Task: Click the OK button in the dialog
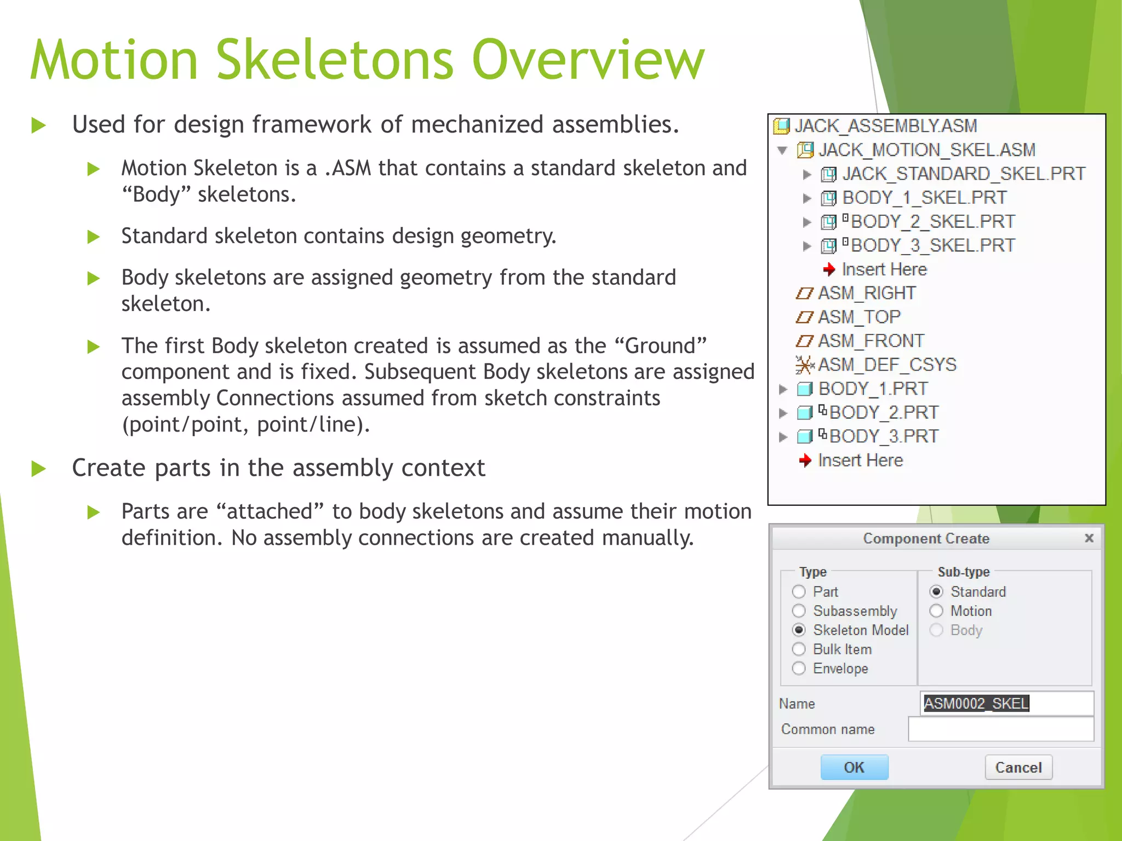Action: click(854, 767)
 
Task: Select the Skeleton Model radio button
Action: click(799, 630)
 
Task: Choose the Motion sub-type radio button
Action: click(936, 611)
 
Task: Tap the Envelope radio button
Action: click(799, 669)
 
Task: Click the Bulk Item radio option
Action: click(799, 649)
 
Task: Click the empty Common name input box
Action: click(1000, 729)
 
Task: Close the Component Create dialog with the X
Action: click(1089, 538)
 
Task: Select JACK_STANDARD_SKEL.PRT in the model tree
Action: click(963, 174)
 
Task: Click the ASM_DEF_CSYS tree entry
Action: click(886, 365)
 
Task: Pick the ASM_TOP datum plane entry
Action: click(858, 317)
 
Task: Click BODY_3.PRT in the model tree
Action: click(883, 436)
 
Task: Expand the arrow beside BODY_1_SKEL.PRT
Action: click(806, 198)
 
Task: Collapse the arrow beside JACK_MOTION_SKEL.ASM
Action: click(782, 150)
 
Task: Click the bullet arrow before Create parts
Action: click(38, 469)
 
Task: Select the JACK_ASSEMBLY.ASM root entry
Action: click(885, 126)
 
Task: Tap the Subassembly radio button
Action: click(799, 611)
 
